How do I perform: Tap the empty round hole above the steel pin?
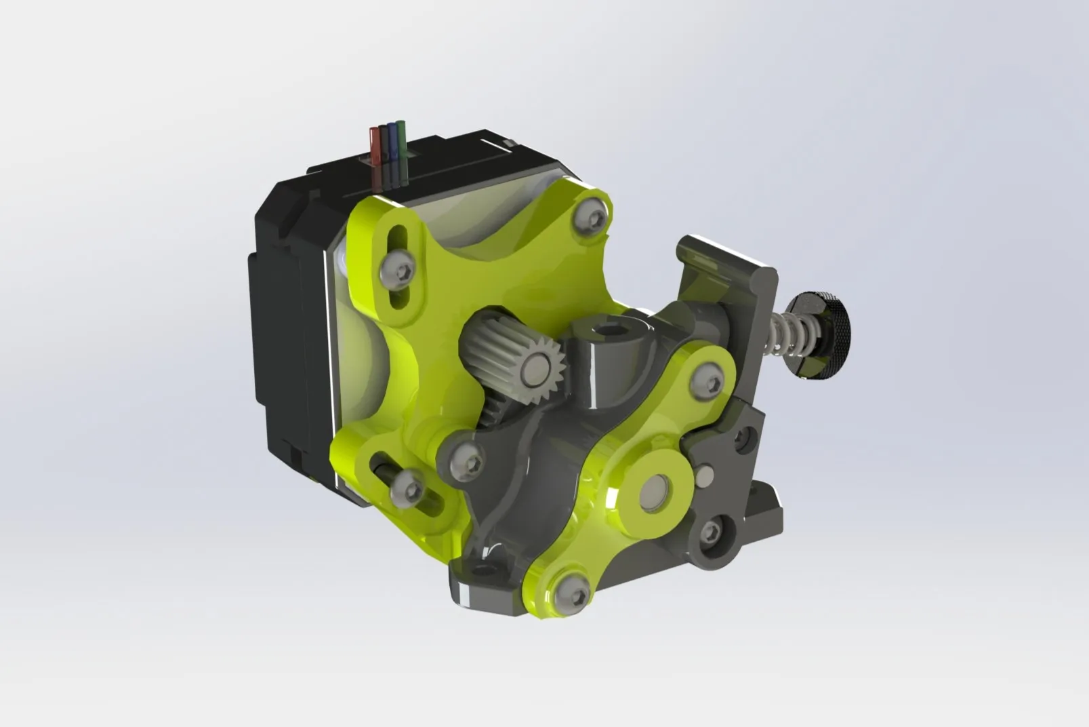click(746, 439)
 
